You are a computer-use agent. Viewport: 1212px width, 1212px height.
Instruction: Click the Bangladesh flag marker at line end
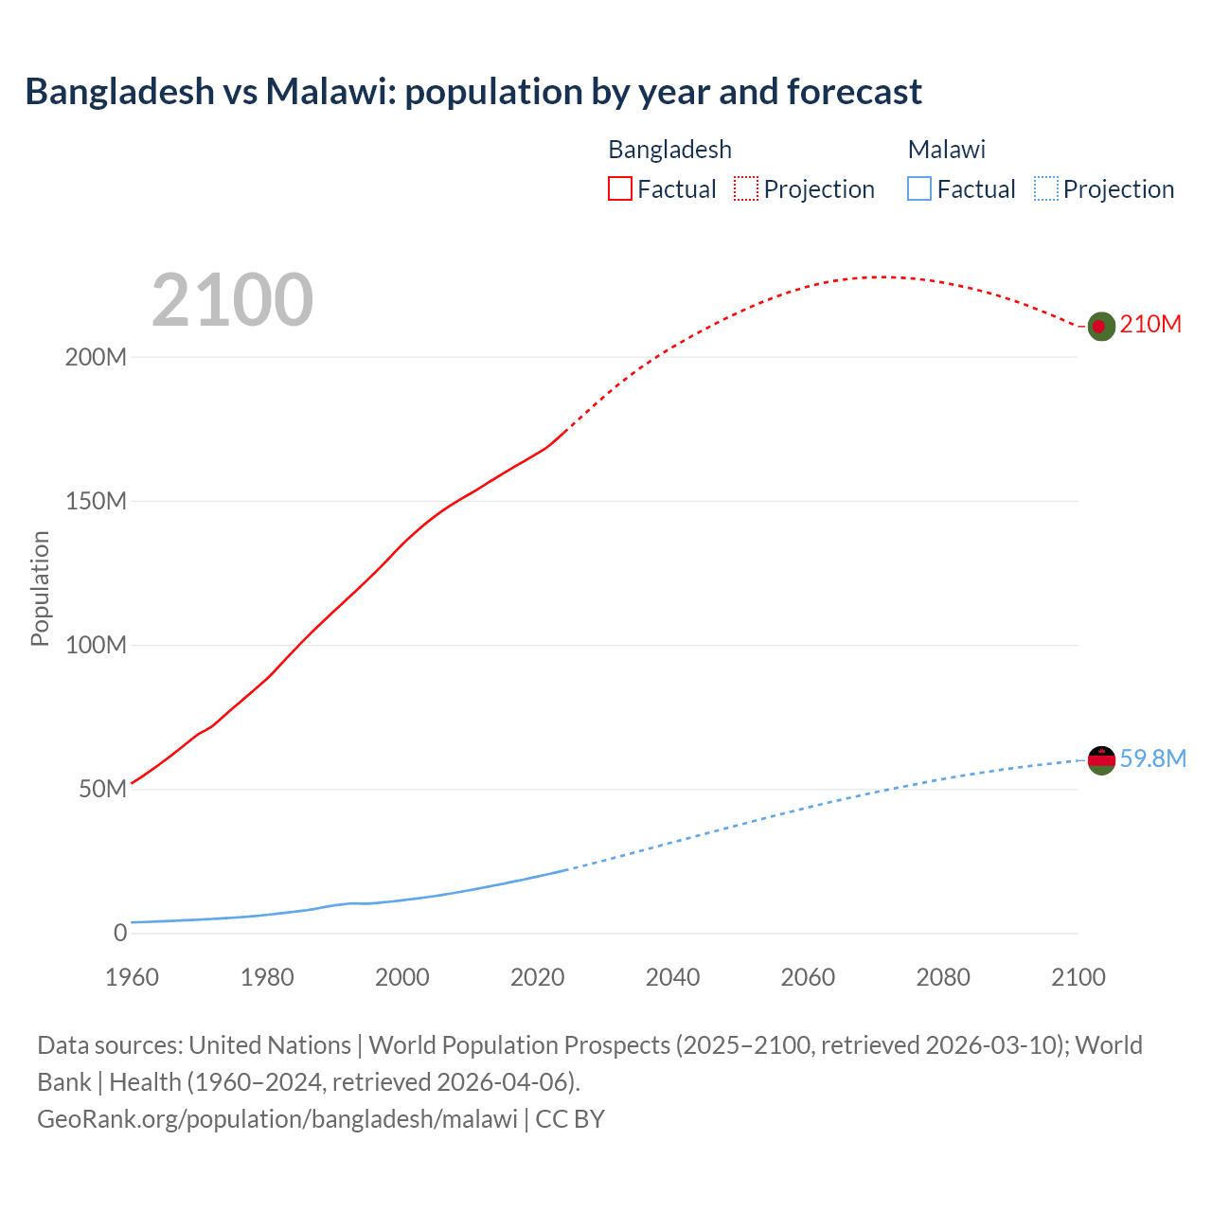click(x=1100, y=326)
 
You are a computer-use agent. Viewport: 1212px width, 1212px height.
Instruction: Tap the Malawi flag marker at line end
click(x=1101, y=759)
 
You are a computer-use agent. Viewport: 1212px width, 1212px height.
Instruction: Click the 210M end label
click(x=1150, y=325)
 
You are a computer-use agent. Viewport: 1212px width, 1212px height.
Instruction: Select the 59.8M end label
click(x=1152, y=758)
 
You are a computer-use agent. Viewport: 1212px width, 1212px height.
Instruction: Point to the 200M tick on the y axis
click(x=96, y=358)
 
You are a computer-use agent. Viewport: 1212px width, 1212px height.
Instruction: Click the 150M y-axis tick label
click(x=96, y=502)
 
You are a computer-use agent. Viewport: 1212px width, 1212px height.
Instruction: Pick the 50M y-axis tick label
click(x=102, y=790)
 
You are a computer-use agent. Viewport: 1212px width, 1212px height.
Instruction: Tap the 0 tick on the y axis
click(x=120, y=934)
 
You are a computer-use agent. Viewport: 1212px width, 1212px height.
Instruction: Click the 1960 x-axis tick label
click(x=132, y=977)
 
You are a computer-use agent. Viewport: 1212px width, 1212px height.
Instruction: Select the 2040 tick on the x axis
click(x=672, y=977)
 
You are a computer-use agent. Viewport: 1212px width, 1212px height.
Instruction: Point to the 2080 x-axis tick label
click(x=943, y=977)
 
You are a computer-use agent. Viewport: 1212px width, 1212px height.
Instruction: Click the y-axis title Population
click(x=40, y=588)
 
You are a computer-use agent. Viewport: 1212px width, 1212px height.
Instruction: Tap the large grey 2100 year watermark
click(x=232, y=300)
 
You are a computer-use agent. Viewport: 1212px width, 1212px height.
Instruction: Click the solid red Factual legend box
click(x=619, y=188)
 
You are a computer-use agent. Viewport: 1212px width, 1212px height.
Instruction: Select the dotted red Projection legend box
click(x=746, y=188)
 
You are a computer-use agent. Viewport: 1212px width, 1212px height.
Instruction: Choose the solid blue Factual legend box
click(x=918, y=188)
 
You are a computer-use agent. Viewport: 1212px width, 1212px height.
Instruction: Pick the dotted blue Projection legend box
click(x=1045, y=188)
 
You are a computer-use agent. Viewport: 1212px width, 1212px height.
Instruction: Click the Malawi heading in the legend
click(x=946, y=150)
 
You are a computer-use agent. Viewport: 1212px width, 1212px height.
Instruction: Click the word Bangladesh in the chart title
click(x=120, y=92)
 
